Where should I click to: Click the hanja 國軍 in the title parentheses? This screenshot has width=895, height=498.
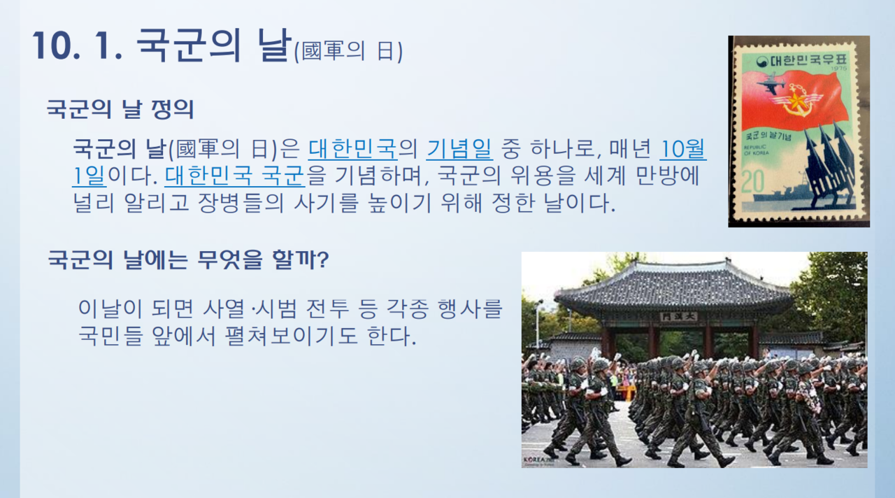coord(322,51)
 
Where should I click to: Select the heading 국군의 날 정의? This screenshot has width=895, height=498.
coord(120,109)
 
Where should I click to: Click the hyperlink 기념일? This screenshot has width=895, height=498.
coord(459,149)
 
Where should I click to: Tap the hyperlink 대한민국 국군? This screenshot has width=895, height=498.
coord(235,176)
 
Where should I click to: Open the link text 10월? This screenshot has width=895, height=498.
coord(683,149)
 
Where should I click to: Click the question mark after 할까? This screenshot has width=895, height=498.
coord(323,259)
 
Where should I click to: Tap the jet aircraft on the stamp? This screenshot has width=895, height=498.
coord(771,83)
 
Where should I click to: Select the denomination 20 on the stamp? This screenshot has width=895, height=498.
coord(753,182)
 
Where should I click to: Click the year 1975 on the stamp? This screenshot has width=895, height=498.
coord(838,69)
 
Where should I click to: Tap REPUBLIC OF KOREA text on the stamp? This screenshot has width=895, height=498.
coord(756,150)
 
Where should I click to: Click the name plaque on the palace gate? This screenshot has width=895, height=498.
coord(678,317)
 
